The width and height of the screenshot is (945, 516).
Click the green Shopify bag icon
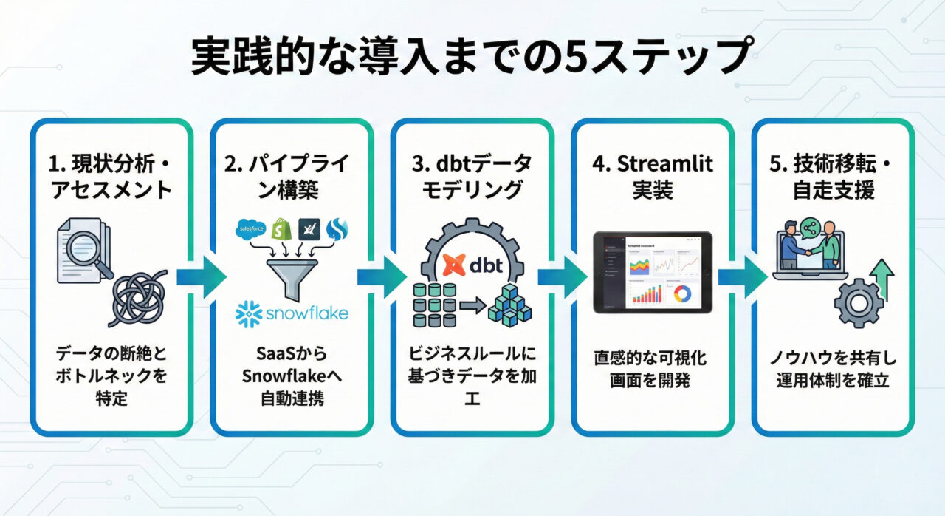click(280, 229)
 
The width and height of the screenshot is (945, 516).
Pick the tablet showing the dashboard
click(653, 272)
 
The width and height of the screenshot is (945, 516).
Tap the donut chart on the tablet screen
click(682, 293)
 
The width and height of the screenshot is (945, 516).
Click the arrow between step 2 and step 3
click(382, 277)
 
